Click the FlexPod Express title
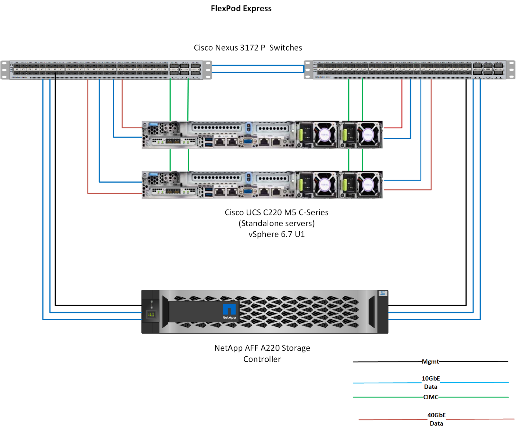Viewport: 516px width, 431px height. [x=241, y=8]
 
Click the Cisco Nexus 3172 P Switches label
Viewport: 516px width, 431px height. [x=248, y=48]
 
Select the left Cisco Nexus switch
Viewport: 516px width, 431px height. [x=106, y=70]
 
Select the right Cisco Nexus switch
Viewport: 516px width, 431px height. [x=410, y=70]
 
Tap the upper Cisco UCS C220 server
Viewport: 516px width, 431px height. [x=262, y=135]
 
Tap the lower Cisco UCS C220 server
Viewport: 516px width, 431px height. [x=262, y=185]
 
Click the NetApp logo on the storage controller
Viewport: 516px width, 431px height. [x=229, y=311]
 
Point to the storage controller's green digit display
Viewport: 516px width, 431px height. [x=151, y=315]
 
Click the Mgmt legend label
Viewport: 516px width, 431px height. [x=430, y=361]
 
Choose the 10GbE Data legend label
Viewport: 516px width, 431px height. [x=431, y=382]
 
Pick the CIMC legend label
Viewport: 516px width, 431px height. [x=431, y=397]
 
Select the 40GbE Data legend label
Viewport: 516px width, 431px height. [x=436, y=419]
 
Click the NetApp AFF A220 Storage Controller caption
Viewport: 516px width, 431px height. [x=262, y=353]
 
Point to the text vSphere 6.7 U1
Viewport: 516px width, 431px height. [x=277, y=234]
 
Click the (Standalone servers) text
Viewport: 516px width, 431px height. [x=277, y=224]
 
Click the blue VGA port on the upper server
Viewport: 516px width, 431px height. [x=248, y=141]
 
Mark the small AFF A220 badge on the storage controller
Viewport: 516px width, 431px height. [x=383, y=293]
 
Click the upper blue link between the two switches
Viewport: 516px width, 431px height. [x=258, y=66]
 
